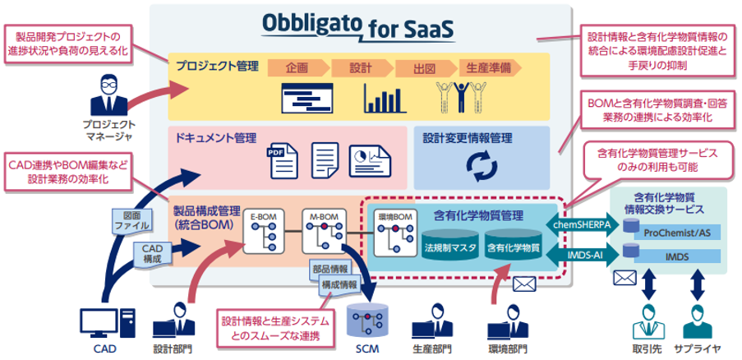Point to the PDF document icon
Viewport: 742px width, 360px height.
point(279,160)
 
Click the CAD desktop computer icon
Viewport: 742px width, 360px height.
point(106,322)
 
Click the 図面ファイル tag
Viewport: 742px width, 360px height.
point(119,219)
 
